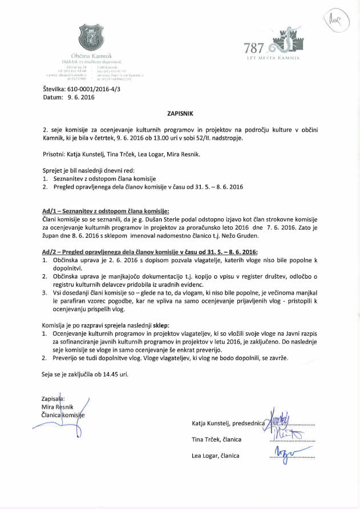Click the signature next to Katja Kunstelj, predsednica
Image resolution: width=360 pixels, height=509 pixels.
click(282, 422)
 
